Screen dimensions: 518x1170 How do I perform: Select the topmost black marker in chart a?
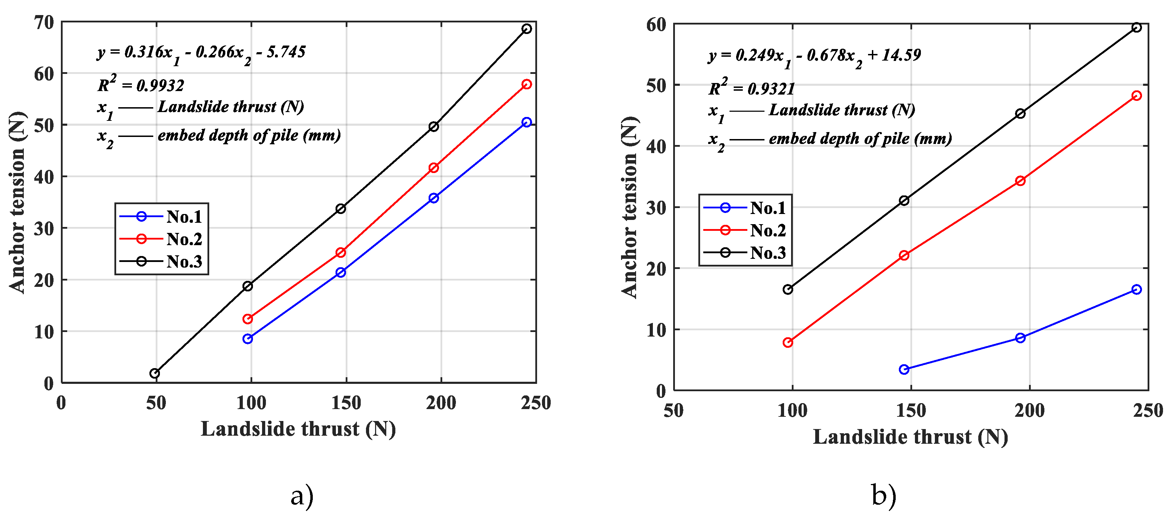pyautogui.click(x=527, y=29)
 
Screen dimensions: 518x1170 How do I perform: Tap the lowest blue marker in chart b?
pyautogui.click(x=904, y=369)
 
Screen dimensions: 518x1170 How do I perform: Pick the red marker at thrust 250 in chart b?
pyautogui.click(x=1136, y=96)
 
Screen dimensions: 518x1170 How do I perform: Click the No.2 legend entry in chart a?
pyautogui.click(x=161, y=239)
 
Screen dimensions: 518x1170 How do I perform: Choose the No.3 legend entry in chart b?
pyautogui.click(x=745, y=253)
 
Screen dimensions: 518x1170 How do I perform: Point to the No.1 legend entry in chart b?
pyautogui.click(x=745, y=208)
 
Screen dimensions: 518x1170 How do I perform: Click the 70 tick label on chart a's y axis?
pyautogui.click(x=44, y=22)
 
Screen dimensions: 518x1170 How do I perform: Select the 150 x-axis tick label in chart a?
pyautogui.click(x=346, y=403)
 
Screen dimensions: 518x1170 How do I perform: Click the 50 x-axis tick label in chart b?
pyautogui.click(x=674, y=411)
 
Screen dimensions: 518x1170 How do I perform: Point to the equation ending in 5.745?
pyautogui.click(x=201, y=53)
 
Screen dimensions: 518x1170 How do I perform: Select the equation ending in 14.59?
pyautogui.click(x=815, y=56)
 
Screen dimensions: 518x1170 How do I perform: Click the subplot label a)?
pyautogui.click(x=302, y=496)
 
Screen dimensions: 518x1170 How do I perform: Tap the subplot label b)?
pyautogui.click(x=884, y=495)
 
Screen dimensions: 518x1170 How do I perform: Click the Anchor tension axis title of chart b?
pyautogui.click(x=630, y=207)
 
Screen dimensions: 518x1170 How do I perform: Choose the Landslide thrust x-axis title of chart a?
pyautogui.click(x=298, y=429)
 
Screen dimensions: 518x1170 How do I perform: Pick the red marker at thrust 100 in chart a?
pyautogui.click(x=247, y=319)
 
